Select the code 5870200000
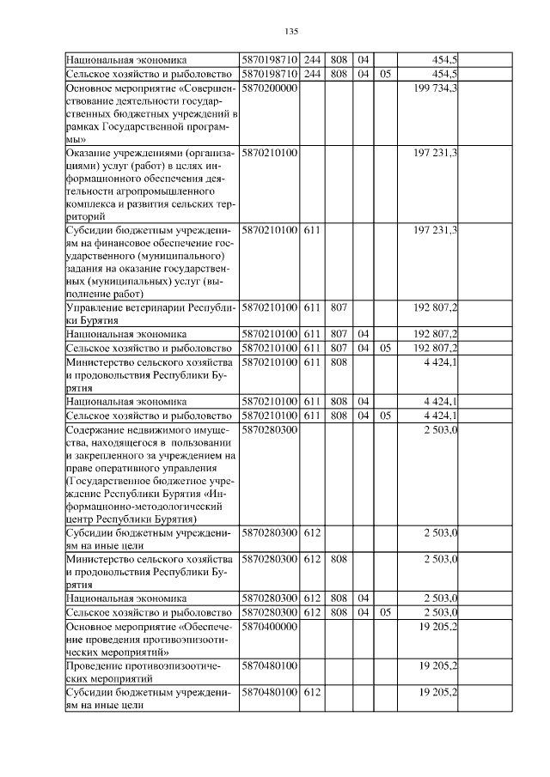270,88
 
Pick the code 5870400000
270,628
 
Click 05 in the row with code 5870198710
385,75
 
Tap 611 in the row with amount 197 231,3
312,230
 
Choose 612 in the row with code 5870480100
312,691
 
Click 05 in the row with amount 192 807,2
385,348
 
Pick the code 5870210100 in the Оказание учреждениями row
270,152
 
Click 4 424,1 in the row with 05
440,415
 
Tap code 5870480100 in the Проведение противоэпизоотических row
270,665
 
